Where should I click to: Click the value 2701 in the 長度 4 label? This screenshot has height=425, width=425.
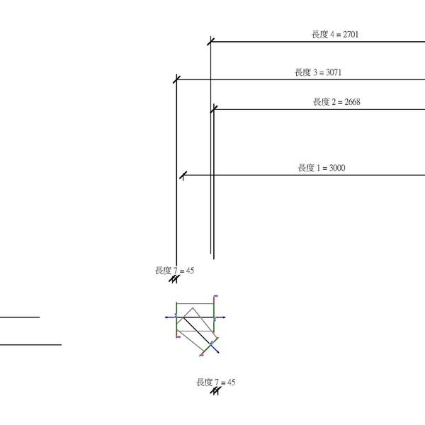tap(351, 35)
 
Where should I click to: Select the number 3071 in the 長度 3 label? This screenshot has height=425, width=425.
tap(334, 72)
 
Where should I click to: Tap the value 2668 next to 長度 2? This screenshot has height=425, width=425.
tap(352, 102)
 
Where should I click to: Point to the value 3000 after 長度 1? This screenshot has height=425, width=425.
tap(337, 168)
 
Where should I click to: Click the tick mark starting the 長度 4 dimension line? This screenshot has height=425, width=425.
tap(210, 42)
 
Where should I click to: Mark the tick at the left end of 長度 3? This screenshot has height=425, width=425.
tap(176, 79)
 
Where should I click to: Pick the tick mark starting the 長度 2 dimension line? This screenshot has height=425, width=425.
tap(214, 109)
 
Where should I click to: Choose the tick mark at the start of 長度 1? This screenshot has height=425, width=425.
tap(183, 175)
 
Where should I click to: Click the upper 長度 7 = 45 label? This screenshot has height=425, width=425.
tap(174, 271)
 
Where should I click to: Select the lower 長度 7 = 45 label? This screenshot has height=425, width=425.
tap(216, 382)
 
